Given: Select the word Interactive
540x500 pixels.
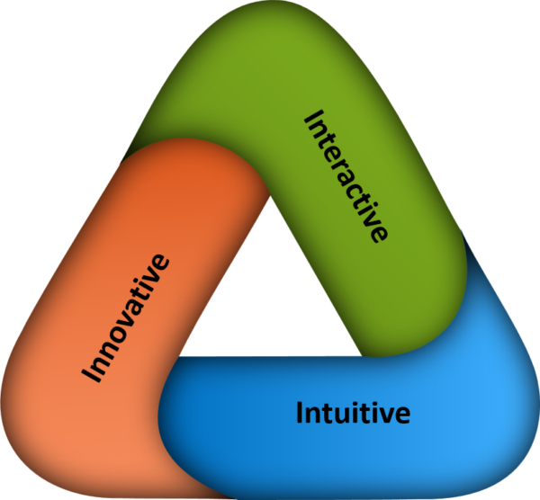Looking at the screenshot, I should coord(346,174).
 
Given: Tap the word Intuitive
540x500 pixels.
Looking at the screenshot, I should coord(353,413).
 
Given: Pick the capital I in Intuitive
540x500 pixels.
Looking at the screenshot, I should coord(300,412).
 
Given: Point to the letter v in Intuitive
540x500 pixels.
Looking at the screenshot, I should coord(388,415).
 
